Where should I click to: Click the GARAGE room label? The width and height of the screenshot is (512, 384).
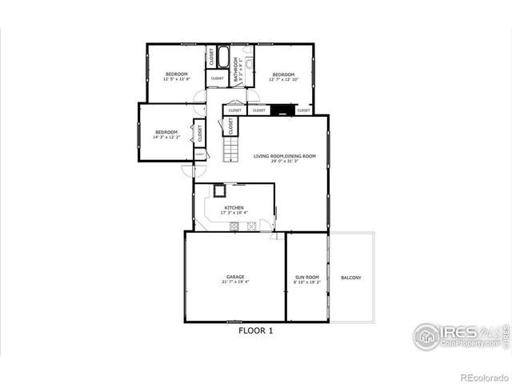(235, 277)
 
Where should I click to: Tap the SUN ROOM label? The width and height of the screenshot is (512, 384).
(306, 277)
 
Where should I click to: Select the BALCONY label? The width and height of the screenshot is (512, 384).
(351, 278)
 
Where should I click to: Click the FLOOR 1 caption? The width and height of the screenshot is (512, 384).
(256, 330)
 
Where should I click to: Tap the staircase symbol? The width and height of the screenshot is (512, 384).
(230, 148)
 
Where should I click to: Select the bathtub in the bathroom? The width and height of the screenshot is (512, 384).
(223, 59)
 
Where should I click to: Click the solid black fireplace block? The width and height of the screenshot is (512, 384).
(281, 110)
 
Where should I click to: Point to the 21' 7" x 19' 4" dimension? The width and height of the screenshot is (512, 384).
(235, 282)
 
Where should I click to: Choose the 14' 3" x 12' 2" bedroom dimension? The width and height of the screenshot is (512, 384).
(166, 137)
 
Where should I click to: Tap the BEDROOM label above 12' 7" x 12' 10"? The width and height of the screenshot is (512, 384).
(283, 74)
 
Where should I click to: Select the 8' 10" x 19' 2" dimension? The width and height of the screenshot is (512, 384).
(306, 282)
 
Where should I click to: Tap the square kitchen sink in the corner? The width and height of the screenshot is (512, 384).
(219, 190)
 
